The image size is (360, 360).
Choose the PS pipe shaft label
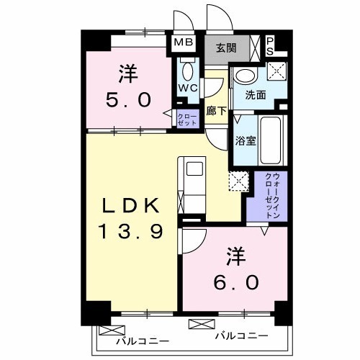(270, 46)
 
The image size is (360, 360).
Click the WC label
(188, 89)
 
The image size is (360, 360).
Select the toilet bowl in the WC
(189, 71)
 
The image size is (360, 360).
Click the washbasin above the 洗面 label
(246, 76)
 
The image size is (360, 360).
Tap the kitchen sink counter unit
(191, 184)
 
